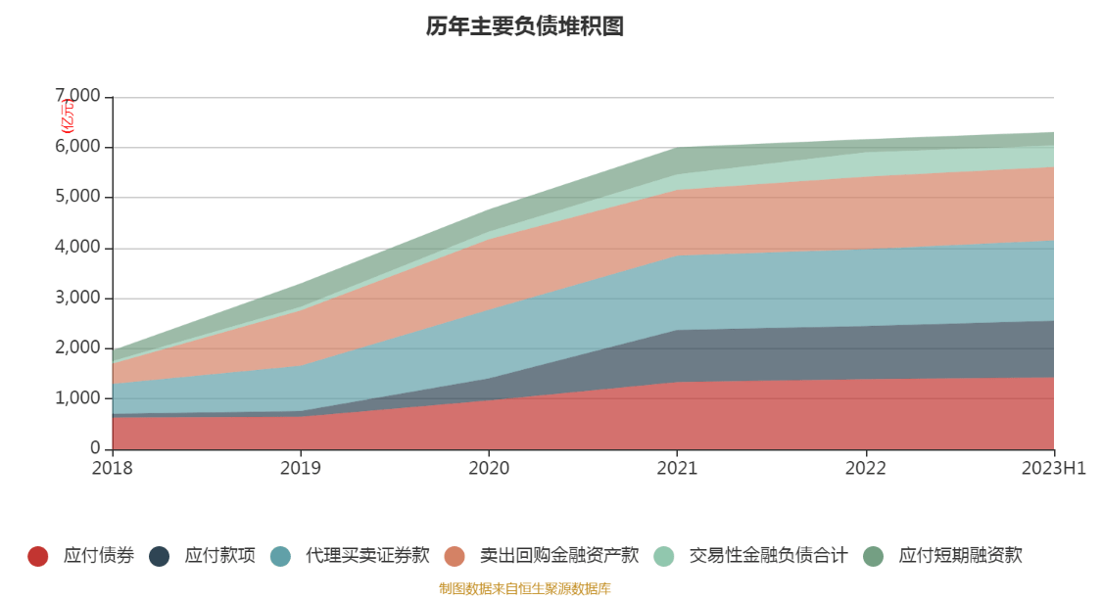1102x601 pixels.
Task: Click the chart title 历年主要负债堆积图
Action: [524, 26]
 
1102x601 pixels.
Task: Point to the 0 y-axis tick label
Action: [95, 449]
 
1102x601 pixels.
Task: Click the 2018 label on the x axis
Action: [113, 469]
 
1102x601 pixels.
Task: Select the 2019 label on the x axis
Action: [301, 469]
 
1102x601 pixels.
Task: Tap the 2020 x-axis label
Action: [489, 469]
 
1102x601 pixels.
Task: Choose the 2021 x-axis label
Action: [677, 469]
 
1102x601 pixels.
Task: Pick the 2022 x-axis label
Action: [865, 469]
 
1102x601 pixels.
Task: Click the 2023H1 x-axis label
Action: [1053, 469]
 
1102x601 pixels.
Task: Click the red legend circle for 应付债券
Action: [38, 556]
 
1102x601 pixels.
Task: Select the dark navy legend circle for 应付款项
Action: [160, 556]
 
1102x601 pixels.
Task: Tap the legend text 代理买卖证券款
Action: [367, 556]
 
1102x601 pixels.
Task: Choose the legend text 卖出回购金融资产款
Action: [558, 556]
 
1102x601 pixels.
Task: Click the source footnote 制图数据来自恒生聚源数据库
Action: [524, 589]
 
